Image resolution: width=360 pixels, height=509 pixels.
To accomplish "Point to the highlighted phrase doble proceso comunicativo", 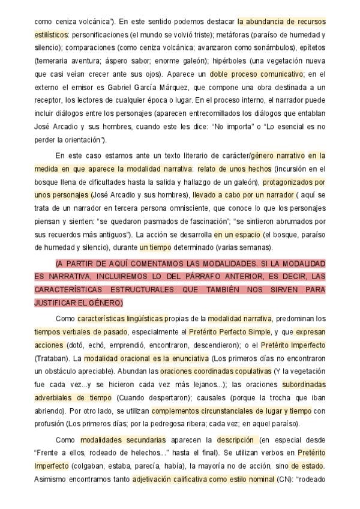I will click(256, 74).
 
